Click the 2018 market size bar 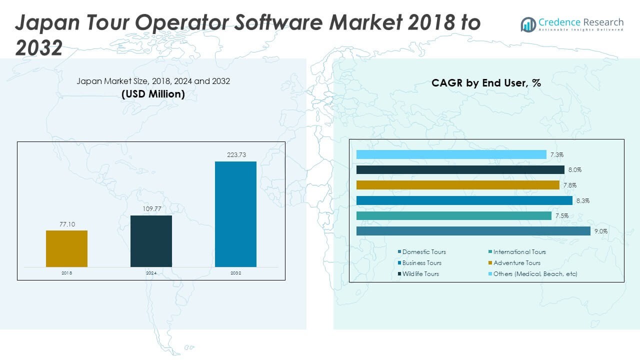click(66, 248)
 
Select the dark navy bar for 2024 click(151, 241)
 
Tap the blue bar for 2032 click(235, 214)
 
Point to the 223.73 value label click(235, 155)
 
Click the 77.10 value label click(66, 224)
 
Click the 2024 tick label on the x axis click(151, 272)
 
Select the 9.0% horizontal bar click(473, 231)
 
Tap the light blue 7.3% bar click(451, 154)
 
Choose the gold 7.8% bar click(457, 185)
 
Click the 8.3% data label click(582, 200)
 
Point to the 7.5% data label click(561, 216)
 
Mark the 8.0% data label click(574, 170)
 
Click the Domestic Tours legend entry click(423, 252)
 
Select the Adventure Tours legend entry click(516, 263)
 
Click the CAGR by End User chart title click(486, 83)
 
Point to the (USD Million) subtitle click(153, 94)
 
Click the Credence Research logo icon click(528, 24)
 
